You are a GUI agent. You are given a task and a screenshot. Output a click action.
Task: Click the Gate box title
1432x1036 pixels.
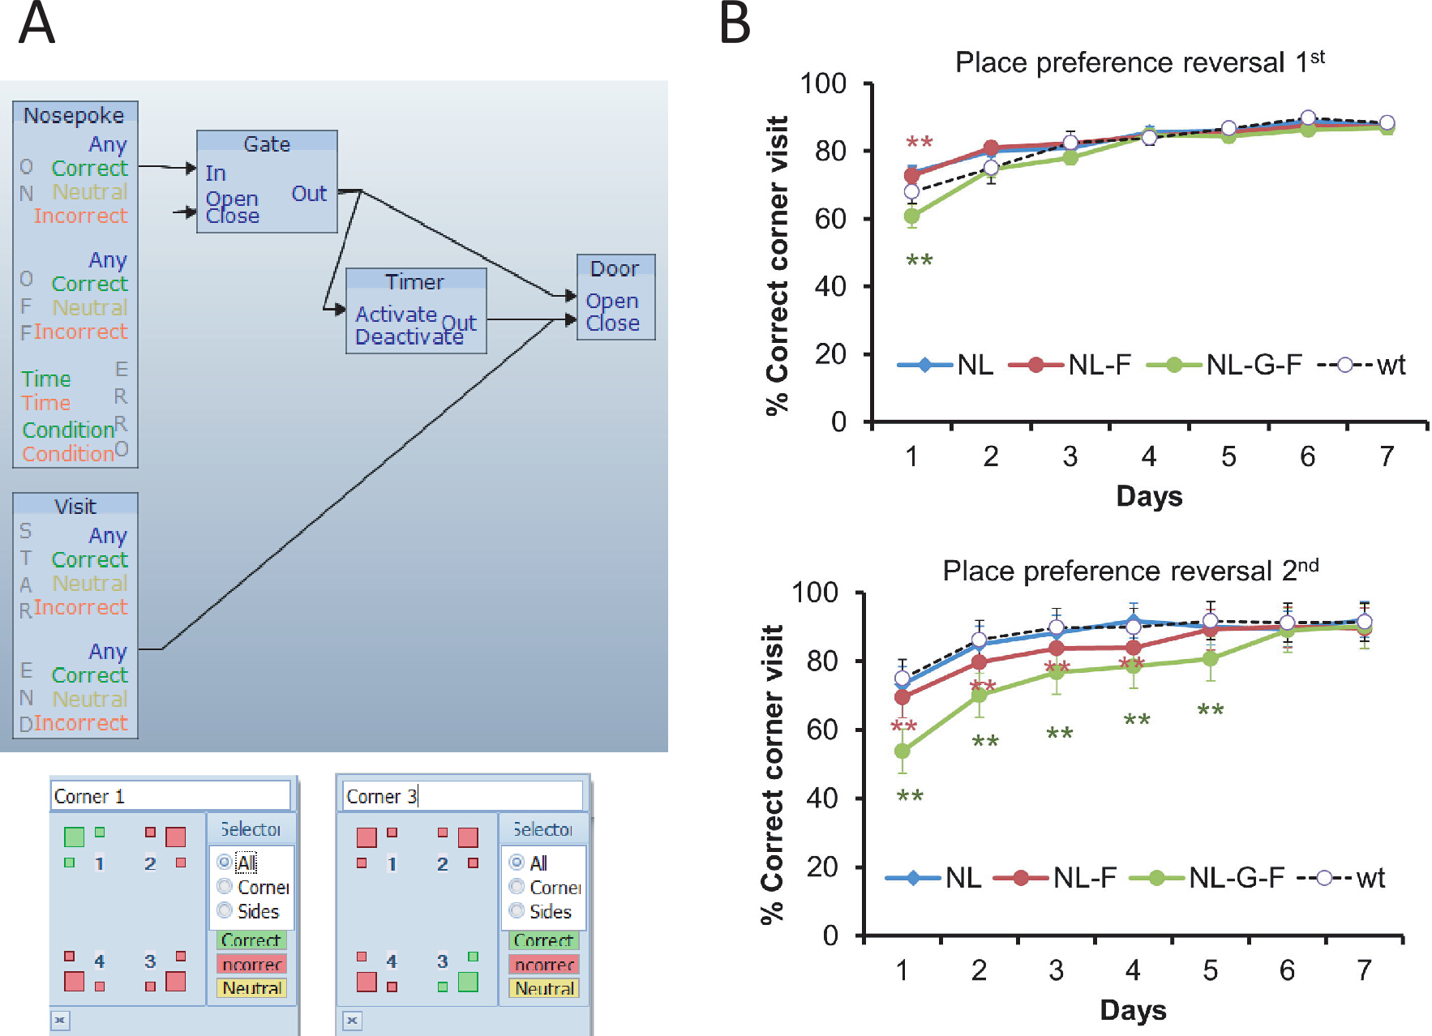tap(267, 143)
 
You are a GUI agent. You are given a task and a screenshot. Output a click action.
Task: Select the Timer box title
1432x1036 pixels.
tap(414, 282)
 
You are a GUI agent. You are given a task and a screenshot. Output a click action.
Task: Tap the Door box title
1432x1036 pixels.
tap(615, 268)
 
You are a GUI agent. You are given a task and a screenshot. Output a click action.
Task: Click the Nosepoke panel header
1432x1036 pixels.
tap(74, 115)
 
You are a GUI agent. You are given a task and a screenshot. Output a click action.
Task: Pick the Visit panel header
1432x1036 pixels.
tap(75, 507)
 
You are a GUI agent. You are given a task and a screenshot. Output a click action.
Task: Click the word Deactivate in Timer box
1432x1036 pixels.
tap(409, 336)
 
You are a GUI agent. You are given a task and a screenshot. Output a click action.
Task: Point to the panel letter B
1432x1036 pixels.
tap(735, 24)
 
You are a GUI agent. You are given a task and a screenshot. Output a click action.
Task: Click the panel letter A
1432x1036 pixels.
tap(36, 24)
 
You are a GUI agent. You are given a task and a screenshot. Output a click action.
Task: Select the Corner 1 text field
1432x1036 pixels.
tap(170, 796)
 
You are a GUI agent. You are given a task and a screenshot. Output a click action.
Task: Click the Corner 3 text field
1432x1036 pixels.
tap(462, 796)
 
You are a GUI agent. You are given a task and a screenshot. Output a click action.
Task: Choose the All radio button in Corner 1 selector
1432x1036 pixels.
tap(225, 863)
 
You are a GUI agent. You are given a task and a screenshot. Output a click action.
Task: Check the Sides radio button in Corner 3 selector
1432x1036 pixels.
tap(517, 911)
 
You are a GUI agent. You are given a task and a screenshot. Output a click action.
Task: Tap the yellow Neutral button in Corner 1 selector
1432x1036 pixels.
tap(251, 988)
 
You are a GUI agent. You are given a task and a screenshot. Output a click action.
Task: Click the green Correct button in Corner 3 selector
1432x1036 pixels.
tap(543, 940)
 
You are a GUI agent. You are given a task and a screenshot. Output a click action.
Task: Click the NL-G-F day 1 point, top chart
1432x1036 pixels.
tap(911, 216)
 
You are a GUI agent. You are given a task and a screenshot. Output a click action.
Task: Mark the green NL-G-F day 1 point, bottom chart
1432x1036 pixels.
tap(902, 751)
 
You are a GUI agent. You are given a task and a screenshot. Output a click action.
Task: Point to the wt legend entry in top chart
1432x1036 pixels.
tap(1362, 365)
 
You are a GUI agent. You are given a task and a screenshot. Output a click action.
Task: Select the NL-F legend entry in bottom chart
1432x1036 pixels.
tap(1055, 878)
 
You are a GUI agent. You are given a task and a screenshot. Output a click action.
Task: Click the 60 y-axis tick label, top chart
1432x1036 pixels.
tap(830, 219)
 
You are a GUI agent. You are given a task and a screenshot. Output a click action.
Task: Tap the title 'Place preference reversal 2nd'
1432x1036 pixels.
tap(1130, 571)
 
